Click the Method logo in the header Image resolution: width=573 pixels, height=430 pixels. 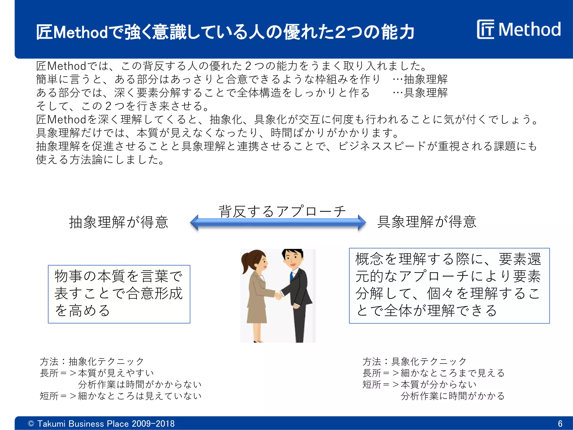519,29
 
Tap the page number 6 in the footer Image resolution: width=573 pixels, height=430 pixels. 560,424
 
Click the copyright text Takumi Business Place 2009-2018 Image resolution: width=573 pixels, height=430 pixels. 101,424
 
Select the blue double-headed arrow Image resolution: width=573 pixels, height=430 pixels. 278,223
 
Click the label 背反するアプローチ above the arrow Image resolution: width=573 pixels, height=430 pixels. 282,211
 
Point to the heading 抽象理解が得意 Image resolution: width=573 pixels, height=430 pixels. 119,222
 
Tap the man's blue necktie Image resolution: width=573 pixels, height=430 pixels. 292,276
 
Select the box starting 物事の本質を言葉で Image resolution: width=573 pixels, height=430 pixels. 119,294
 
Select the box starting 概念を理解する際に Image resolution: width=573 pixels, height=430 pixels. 449,286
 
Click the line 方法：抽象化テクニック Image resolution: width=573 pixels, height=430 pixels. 92,361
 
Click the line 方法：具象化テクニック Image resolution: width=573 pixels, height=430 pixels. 414,361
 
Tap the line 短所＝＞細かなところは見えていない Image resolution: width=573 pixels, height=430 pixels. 121,396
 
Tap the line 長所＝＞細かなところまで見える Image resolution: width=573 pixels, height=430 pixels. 433,373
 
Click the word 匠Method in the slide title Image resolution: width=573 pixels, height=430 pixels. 72,32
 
